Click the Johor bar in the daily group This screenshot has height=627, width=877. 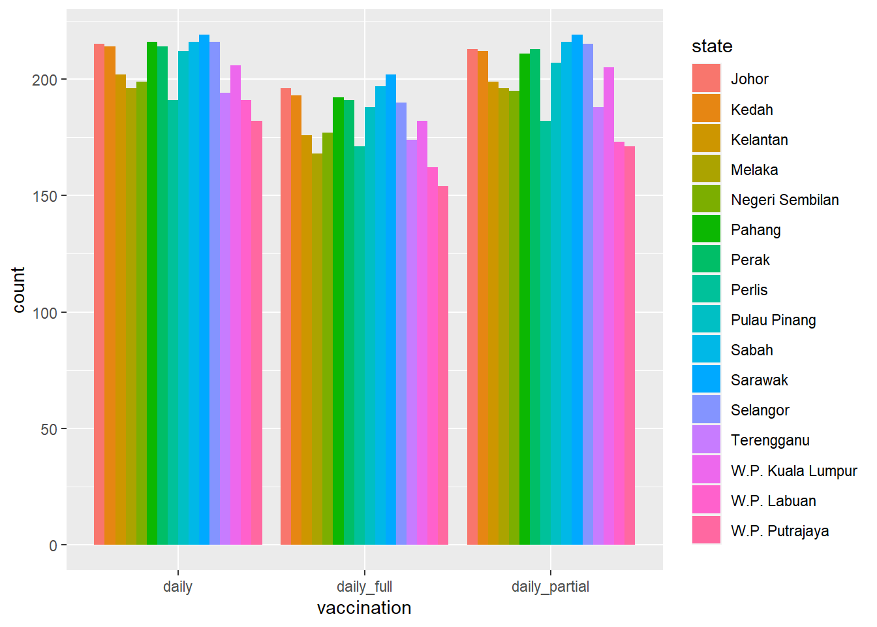(99, 294)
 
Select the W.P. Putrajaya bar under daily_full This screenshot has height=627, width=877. (443, 366)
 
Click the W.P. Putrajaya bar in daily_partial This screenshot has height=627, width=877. (630, 346)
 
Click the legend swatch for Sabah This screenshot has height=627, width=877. (706, 350)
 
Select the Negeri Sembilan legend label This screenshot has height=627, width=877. (784, 200)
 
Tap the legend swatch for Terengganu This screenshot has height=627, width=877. (706, 440)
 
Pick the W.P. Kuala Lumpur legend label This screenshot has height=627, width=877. (793, 471)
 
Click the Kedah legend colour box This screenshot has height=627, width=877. (706, 109)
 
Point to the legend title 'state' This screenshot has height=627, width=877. (712, 46)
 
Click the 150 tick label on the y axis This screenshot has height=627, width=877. (45, 196)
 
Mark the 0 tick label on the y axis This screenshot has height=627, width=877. (54, 545)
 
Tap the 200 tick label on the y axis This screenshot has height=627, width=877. (45, 80)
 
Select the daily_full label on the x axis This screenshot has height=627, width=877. (364, 587)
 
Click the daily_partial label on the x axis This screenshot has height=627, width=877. (550, 587)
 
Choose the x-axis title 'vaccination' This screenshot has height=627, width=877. (364, 608)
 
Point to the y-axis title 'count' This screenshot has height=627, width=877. (18, 289)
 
